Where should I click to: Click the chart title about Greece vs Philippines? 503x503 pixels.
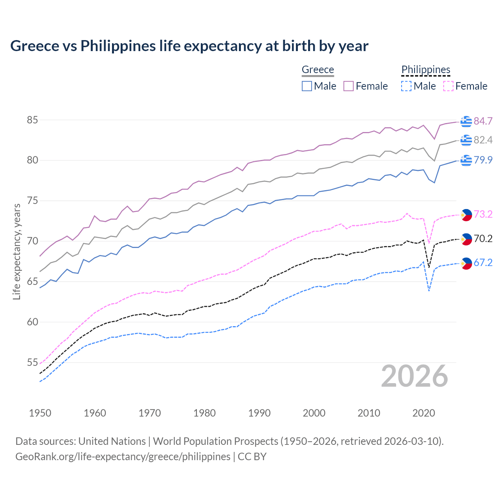point(189,46)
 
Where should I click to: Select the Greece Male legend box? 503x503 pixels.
point(307,86)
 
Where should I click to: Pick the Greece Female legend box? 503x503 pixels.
point(349,86)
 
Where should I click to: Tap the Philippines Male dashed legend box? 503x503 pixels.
point(406,86)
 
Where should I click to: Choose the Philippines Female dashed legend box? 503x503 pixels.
point(448,86)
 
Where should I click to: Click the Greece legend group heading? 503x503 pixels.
point(318,70)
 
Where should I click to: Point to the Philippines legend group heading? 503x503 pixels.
point(426,70)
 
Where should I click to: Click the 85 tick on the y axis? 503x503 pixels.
point(32,120)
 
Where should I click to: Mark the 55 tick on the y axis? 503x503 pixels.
point(32,362)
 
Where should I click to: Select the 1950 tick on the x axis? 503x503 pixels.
point(40,413)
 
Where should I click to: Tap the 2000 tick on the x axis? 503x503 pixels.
point(314,413)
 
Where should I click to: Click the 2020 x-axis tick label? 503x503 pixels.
point(424,413)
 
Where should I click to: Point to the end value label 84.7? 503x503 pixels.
point(483,121)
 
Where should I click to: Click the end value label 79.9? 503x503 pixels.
point(483,160)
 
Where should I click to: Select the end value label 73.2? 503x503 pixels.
point(483,214)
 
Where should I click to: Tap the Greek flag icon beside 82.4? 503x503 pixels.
point(466,140)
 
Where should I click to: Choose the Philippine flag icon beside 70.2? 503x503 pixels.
point(466,239)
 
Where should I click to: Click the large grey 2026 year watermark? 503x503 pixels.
point(414,376)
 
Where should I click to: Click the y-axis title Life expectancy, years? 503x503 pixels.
point(17,251)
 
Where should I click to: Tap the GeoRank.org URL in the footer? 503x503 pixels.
point(123,457)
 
